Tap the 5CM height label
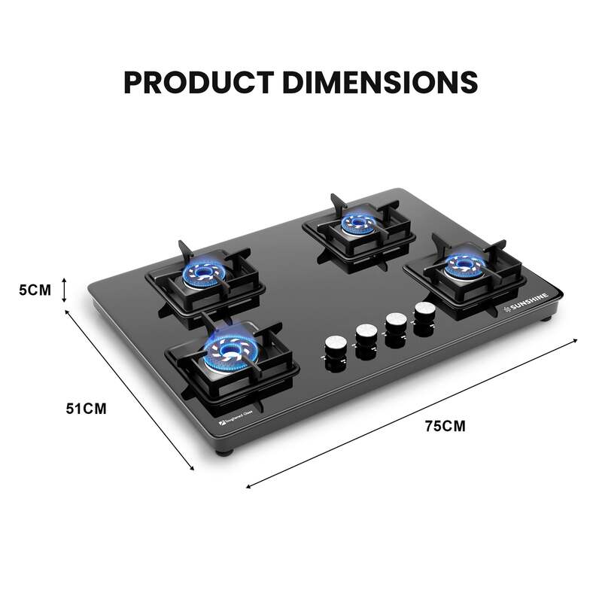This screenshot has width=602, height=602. (x=35, y=289)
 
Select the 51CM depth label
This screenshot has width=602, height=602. (x=86, y=409)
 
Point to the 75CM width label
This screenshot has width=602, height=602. (x=445, y=426)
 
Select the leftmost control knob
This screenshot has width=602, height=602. (x=334, y=345)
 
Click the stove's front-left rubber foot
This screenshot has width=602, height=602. (x=226, y=453)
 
